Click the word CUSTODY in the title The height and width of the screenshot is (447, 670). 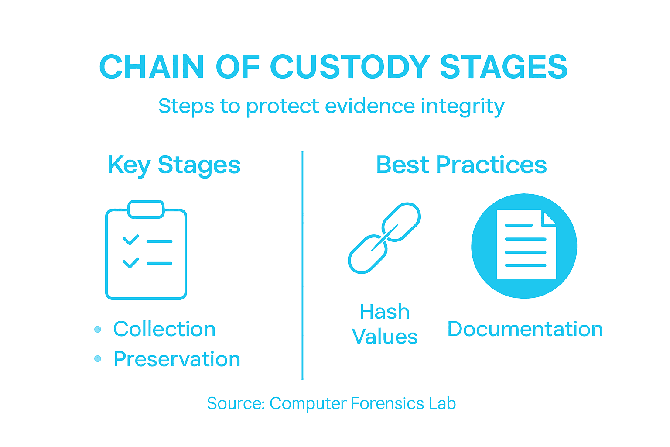(x=350, y=67)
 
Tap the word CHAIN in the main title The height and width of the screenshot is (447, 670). (x=151, y=67)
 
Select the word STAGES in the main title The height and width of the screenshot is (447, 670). (x=503, y=67)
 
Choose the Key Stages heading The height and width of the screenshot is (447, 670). (x=174, y=165)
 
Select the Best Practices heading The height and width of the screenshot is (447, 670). (x=461, y=165)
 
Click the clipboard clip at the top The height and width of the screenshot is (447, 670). (x=146, y=209)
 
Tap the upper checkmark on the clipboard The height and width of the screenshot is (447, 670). (x=130, y=240)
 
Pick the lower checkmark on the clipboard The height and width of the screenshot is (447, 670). (x=130, y=263)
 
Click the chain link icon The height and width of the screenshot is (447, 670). (x=384, y=238)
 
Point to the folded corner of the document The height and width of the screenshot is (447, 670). (x=548, y=217)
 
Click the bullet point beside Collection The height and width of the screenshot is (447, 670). (x=98, y=329)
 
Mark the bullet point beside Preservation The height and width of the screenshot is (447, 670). (x=98, y=359)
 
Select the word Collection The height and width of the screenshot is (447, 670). (x=164, y=329)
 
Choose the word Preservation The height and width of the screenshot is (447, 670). (x=177, y=359)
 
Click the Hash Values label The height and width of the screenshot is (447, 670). (x=384, y=324)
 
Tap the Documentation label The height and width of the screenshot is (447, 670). (x=525, y=329)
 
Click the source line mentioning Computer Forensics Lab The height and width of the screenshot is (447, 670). (x=331, y=403)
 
